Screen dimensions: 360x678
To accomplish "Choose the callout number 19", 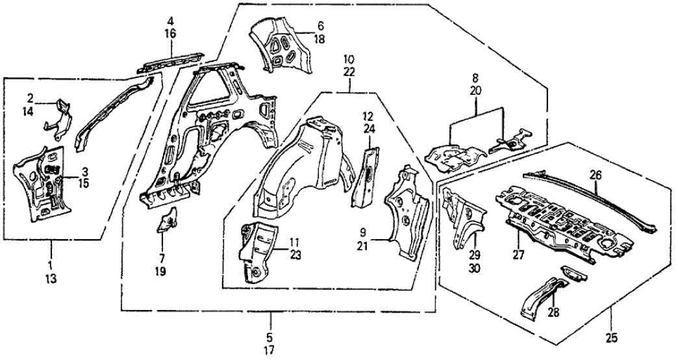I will [x=160, y=271].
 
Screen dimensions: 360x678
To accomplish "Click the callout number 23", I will [x=295, y=256].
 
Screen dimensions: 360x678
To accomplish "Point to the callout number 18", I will [x=320, y=39].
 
